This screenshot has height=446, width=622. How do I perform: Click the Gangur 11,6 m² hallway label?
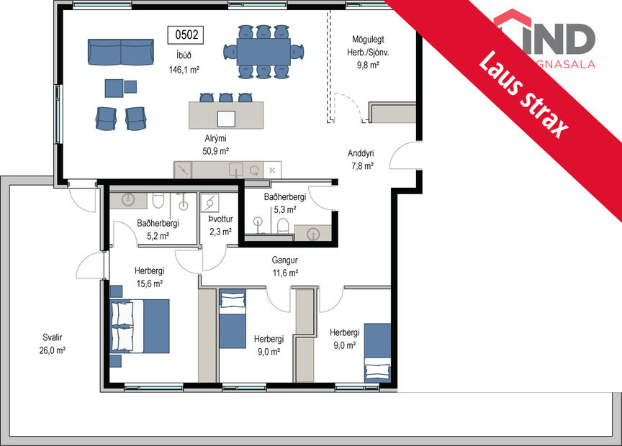point(284,267)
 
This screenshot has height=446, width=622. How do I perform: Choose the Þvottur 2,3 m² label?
point(220,226)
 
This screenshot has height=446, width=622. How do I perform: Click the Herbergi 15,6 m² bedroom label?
point(149,277)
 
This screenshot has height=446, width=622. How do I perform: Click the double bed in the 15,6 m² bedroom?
point(140,325)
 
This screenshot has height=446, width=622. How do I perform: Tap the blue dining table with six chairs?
point(263,51)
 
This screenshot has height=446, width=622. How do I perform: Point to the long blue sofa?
point(120,52)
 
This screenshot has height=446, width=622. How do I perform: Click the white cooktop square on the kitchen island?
point(226,119)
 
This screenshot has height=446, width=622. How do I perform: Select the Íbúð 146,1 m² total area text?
point(184,64)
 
